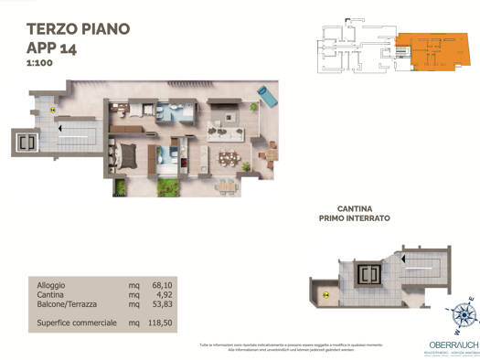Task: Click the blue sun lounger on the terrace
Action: pos(268,93)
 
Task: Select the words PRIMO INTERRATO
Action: pos(355,219)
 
